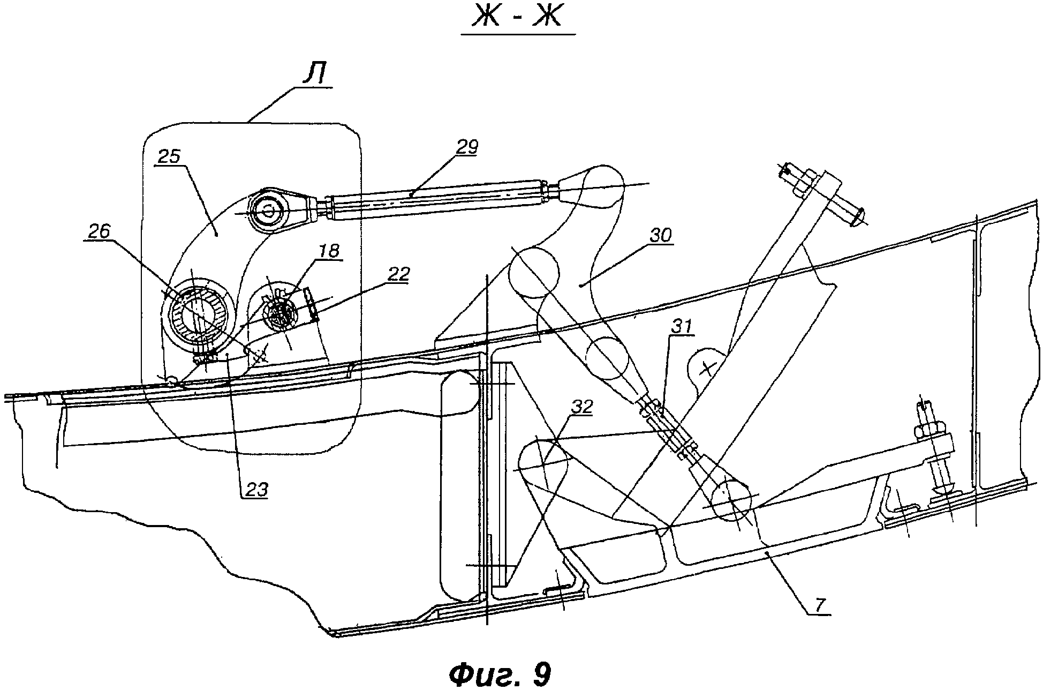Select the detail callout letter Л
[x=315, y=76]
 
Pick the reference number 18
[x=329, y=251]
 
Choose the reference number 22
[x=397, y=274]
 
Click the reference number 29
[x=466, y=147]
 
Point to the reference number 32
[x=581, y=407]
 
